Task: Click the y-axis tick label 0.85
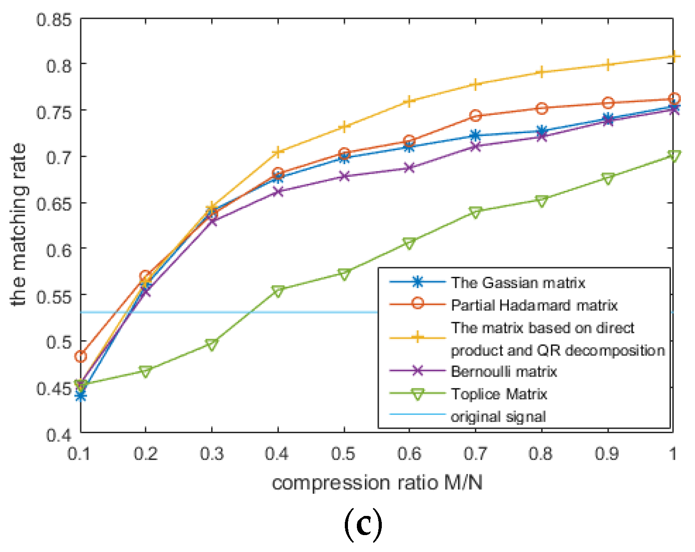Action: click(54, 20)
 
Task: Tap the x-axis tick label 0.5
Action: click(343, 454)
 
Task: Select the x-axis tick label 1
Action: click(673, 454)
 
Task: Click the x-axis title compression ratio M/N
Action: click(377, 483)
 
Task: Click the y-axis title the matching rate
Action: click(19, 225)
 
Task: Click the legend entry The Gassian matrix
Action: click(518, 283)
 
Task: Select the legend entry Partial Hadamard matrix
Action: click(534, 305)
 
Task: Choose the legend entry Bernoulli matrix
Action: click(504, 371)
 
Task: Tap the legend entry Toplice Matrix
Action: click(499, 394)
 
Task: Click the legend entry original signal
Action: click(498, 417)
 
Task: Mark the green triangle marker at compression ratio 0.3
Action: click(212, 344)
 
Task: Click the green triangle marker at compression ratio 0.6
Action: click(409, 243)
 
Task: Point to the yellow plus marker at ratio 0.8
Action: click(541, 72)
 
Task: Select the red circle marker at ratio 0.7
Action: click(475, 116)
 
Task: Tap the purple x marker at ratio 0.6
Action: click(409, 168)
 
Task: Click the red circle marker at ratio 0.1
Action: click(81, 356)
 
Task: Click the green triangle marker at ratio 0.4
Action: click(278, 291)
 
